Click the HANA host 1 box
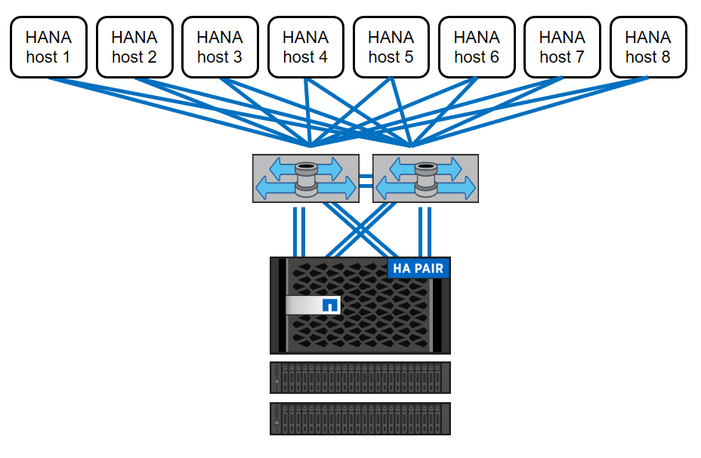pos(49,47)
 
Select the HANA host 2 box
pos(134,47)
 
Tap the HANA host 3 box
pos(220,47)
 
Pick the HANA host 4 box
pos(306,47)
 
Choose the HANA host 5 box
pos(391,47)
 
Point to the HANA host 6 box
pos(477,47)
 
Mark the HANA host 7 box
pos(563,47)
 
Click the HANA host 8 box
pos(648,47)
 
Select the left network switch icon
pos(306,179)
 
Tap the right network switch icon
pos(425,179)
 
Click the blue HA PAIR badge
pos(418,268)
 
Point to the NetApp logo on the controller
pos(329,306)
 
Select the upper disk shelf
pos(360,377)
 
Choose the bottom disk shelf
pos(360,418)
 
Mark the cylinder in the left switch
pos(306,178)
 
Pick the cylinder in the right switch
pos(426,178)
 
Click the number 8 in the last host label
pos(665,57)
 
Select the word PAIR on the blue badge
pos(428,268)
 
